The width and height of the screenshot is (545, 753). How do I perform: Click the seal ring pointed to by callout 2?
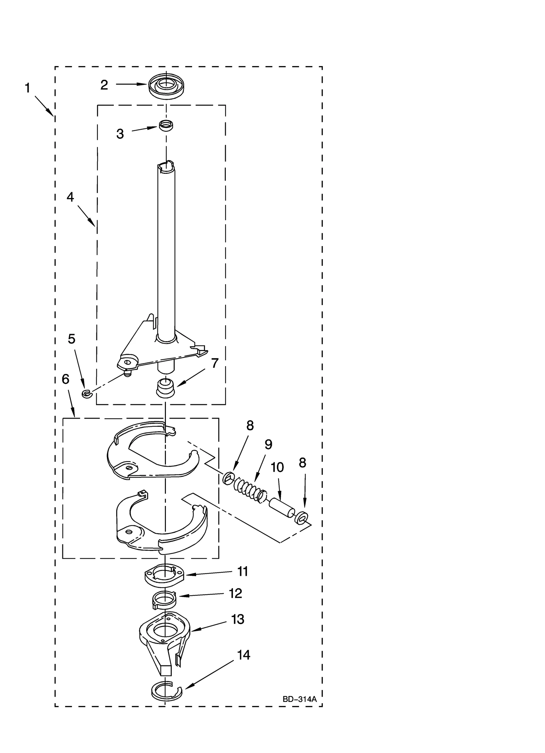(166, 85)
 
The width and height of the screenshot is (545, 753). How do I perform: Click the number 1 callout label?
(28, 88)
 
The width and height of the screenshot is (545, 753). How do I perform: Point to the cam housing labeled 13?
(164, 637)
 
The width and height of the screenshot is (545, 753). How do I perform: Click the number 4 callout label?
(70, 197)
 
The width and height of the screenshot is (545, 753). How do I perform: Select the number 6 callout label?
(65, 379)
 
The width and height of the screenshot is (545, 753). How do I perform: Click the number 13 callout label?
(237, 619)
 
